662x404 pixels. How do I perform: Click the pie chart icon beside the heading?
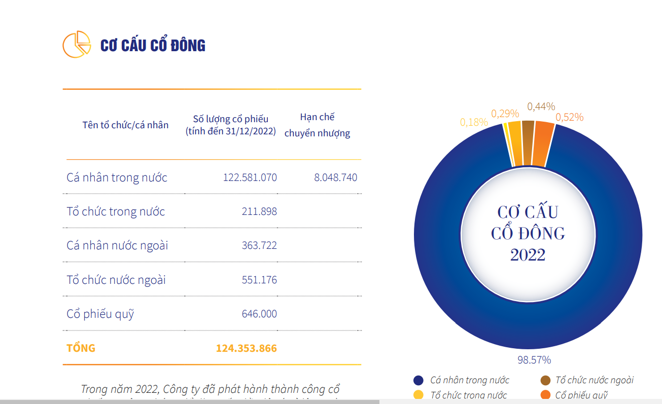coord(76,45)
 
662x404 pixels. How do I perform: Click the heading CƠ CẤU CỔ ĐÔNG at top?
coord(153,46)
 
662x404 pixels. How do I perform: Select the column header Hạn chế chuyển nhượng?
coord(317,125)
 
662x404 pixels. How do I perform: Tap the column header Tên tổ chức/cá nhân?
coord(125,125)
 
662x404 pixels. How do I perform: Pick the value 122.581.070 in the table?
coord(250,177)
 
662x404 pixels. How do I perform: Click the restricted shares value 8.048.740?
coord(335,177)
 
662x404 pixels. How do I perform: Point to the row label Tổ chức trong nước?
coord(116,211)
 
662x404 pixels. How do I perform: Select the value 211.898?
coord(259,211)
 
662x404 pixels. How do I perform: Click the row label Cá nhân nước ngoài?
coord(117,245)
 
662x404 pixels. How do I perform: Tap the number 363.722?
coord(259,245)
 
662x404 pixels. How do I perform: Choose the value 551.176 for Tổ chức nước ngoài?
coord(259,280)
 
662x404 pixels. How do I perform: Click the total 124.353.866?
coord(246,348)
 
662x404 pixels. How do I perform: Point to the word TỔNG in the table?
coord(81,348)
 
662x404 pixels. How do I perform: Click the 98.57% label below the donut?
coord(534,360)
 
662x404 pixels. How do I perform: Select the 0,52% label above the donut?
coord(570,118)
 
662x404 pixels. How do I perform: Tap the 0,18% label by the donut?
coord(474,122)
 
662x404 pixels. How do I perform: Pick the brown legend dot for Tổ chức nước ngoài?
coord(545,380)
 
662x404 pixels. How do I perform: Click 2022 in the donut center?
coord(528,254)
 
